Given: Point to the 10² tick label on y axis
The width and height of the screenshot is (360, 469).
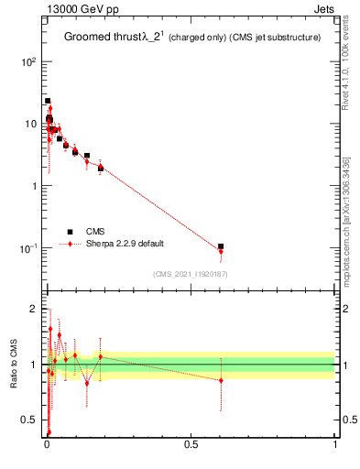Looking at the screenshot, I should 27,62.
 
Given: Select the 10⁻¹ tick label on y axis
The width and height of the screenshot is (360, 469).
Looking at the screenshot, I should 27,248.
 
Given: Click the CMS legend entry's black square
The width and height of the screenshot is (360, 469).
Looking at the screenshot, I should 70,232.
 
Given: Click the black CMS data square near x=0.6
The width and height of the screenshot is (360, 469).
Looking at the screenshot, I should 221,246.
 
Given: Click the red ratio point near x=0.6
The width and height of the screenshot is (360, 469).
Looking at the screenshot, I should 221,380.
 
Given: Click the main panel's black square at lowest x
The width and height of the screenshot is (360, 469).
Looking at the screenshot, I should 48,101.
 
